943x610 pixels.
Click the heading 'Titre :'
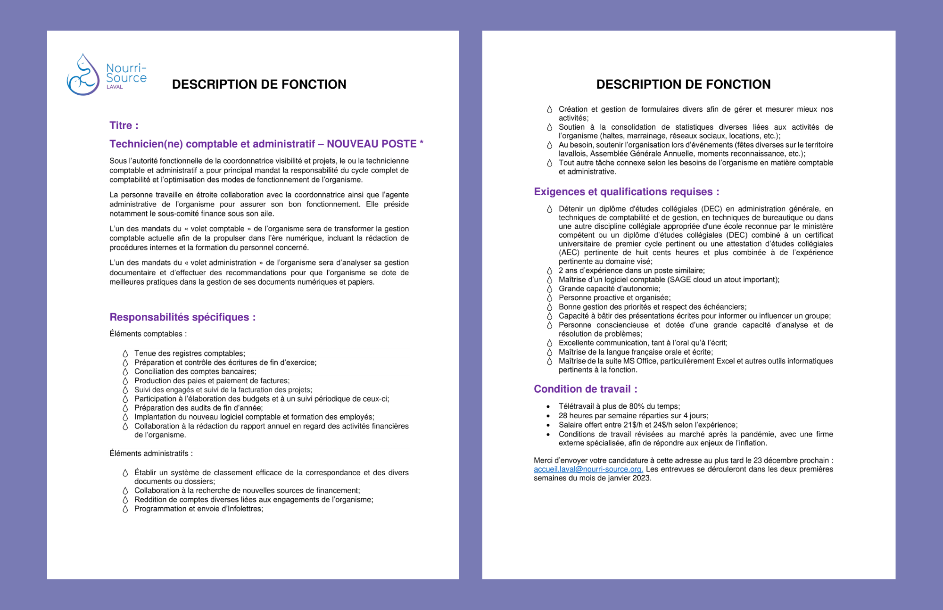click(x=124, y=125)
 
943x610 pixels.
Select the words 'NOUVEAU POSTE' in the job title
click(x=372, y=144)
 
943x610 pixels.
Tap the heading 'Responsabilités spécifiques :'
click(x=182, y=317)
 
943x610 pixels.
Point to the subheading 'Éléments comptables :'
click(x=148, y=334)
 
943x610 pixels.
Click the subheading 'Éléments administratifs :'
click(x=151, y=453)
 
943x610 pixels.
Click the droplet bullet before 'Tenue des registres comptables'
click(x=125, y=354)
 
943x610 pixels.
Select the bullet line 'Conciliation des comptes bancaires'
click(x=195, y=371)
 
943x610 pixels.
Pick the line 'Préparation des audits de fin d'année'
click(x=199, y=408)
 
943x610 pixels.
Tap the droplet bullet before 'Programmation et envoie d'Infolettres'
click(x=125, y=509)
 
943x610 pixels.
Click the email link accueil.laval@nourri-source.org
click(x=588, y=470)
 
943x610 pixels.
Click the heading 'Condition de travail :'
click(x=585, y=389)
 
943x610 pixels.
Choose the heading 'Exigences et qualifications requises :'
click(x=626, y=192)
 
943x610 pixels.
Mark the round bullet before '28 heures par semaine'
click(x=548, y=416)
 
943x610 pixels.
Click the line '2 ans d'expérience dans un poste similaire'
click(x=631, y=271)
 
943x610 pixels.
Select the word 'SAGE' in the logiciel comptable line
click(x=680, y=280)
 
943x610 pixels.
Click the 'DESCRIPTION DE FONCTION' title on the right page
click(x=683, y=84)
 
